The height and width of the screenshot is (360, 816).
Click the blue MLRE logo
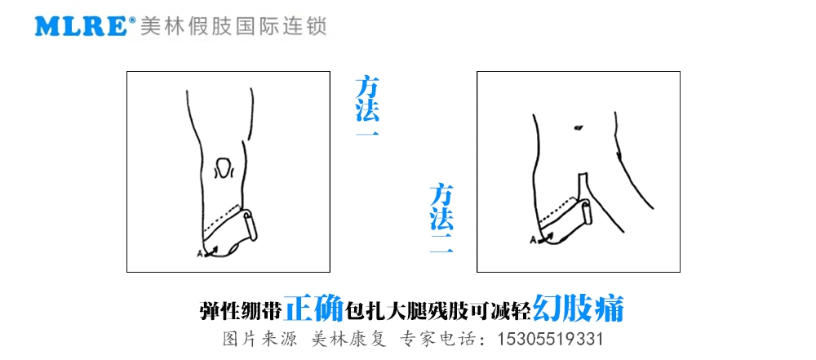pyautogui.click(x=81, y=27)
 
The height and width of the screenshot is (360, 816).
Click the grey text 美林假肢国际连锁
pyautogui.click(x=233, y=26)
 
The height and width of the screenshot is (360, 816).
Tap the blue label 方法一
pyautogui.click(x=367, y=106)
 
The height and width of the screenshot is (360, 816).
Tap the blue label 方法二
pyautogui.click(x=441, y=219)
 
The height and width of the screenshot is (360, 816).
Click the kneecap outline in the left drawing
pyautogui.click(x=224, y=168)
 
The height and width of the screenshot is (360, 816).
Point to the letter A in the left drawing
pyautogui.click(x=201, y=254)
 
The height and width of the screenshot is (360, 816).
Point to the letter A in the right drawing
pyautogui.click(x=532, y=240)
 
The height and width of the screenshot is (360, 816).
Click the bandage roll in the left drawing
pyautogui.click(x=250, y=225)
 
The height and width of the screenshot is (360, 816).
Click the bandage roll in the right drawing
pyautogui.click(x=586, y=213)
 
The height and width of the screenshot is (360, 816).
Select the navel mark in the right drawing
pyautogui.click(x=577, y=127)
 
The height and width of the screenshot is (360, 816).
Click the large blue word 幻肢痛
pyautogui.click(x=579, y=309)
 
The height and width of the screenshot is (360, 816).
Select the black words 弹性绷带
pyautogui.click(x=242, y=311)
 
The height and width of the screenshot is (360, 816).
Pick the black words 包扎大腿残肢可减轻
pyautogui.click(x=438, y=311)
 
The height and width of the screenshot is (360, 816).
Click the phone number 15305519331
pyautogui.click(x=551, y=340)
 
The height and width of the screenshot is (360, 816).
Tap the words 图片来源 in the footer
pyautogui.click(x=259, y=340)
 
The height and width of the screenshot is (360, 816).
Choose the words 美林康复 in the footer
pyautogui.click(x=348, y=340)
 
